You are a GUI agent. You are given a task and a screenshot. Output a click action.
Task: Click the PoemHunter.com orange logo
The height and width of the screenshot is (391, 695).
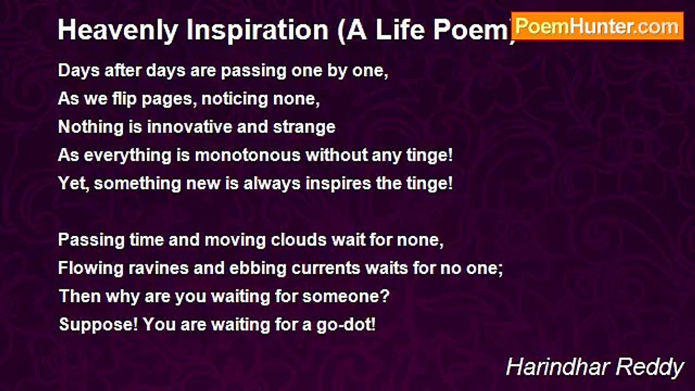click(597, 27)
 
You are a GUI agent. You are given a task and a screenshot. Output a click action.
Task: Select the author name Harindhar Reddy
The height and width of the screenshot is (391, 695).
click(595, 368)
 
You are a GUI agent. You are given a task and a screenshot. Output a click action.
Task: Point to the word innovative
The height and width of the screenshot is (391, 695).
click(189, 127)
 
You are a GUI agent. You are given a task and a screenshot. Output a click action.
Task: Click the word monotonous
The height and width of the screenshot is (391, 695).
click(248, 155)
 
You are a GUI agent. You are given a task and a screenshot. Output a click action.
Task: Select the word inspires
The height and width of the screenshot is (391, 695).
click(338, 184)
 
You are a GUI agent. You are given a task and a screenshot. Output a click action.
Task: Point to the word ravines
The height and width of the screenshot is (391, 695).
click(159, 268)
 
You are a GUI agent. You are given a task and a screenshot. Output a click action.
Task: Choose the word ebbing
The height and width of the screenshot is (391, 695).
click(257, 269)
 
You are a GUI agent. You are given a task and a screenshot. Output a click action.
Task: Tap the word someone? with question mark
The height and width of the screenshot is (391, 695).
click(346, 297)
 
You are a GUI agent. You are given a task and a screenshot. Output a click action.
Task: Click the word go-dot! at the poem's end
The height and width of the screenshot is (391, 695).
click(346, 325)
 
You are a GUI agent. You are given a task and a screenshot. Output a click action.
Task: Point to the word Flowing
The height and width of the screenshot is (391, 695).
click(91, 269)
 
